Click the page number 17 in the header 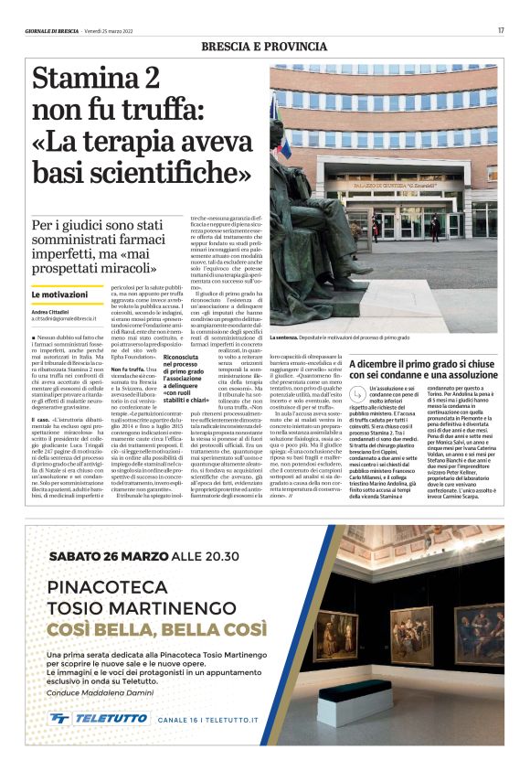[x=501, y=30]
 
